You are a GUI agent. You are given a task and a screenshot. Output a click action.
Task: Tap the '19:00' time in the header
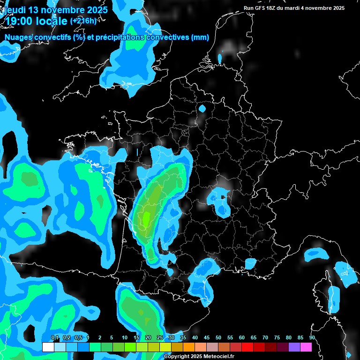[20, 21]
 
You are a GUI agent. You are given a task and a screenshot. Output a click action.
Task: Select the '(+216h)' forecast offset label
[83, 21]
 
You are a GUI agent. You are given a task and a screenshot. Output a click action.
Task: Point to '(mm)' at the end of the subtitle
[200, 37]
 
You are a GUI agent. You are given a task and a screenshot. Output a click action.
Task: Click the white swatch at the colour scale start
[48, 347]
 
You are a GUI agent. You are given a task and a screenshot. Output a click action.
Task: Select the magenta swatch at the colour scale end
[306, 347]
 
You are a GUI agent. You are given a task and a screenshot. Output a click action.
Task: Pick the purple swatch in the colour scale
[294, 347]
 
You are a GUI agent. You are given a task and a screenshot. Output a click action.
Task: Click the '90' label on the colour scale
[312, 338]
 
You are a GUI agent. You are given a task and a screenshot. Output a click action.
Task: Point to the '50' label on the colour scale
[218, 338]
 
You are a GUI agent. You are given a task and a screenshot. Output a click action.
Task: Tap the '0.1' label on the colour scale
[55, 338]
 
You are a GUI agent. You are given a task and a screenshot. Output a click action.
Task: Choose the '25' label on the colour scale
[160, 338]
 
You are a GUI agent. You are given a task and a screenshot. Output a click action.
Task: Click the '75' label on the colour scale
[277, 338]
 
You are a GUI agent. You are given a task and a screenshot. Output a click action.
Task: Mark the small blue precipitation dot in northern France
[202, 109]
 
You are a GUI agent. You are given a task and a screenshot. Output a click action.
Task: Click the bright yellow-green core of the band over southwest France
[146, 217]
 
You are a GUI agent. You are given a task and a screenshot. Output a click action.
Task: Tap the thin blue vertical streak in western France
[137, 153]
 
